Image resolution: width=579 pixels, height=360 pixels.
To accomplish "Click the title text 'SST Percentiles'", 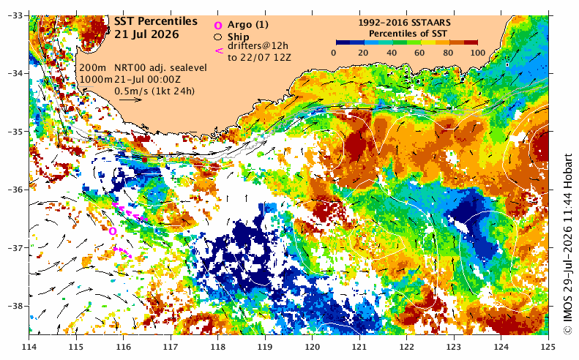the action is coord(155,22).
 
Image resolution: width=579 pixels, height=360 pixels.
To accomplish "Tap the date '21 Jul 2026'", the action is coord(146,34).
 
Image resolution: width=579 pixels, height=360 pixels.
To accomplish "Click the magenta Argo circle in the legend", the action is coord(218,25).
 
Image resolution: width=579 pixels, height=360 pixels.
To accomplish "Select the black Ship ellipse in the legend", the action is coord(218,37).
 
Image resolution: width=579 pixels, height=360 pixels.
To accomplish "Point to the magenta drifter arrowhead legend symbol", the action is coord(219,50).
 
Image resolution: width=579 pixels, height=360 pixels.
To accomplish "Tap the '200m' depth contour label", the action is coord(93,68).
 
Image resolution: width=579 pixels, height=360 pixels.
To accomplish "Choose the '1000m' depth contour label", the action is coord(96,79).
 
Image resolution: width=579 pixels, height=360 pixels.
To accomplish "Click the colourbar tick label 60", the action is coord(419,53).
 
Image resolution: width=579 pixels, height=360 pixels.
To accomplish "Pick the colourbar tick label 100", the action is coord(478,53).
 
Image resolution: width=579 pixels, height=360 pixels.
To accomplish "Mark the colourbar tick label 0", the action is coord(334,53).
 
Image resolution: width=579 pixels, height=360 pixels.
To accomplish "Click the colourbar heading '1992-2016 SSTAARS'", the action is coord(404,23).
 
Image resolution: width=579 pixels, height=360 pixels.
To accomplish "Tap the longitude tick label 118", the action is coord(217,347).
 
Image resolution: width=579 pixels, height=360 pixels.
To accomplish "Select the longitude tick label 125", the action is coord(548,347).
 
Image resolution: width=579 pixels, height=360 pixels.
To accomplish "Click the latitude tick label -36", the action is coord(15,190).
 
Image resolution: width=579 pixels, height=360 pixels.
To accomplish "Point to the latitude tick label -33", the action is coord(15,15).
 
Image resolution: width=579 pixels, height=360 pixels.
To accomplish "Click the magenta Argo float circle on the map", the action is coord(113,231).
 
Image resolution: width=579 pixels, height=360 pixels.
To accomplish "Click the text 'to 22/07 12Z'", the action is coord(259,58).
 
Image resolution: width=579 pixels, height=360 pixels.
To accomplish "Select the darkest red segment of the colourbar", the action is coord(471,42).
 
